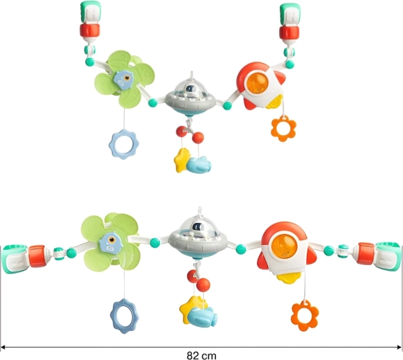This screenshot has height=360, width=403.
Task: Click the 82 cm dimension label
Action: tap(201, 356)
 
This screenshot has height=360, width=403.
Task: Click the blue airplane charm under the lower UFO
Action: tap(202, 317)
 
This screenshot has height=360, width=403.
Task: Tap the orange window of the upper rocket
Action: tap(258, 83)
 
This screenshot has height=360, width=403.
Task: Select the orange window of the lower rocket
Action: tap(285, 246)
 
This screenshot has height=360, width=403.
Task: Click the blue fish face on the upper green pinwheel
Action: tap(123, 80)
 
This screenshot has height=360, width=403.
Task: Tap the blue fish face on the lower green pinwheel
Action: tap(110, 242)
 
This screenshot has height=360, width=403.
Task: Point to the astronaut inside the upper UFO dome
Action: tap(190, 90)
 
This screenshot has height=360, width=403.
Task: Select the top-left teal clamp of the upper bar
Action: tap(91, 12)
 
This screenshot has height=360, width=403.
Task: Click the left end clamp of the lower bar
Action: tap(15, 258)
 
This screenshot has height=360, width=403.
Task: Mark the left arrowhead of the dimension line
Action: tap(3, 348)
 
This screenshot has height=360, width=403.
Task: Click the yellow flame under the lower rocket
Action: tap(289, 278)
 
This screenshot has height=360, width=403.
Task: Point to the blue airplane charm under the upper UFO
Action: tap(199, 165)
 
